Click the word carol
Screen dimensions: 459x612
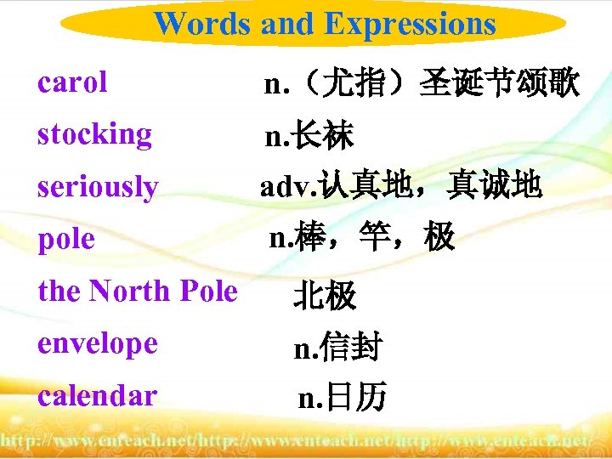click(72, 82)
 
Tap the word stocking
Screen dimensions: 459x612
click(94, 134)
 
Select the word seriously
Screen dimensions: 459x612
click(98, 186)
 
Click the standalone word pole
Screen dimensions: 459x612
click(65, 239)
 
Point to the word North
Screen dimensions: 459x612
click(129, 291)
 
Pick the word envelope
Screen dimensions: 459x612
click(98, 343)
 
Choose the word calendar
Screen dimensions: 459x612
click(97, 395)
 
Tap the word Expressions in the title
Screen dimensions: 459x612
click(411, 24)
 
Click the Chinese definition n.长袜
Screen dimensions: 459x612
click(309, 135)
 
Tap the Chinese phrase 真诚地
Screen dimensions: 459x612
click(495, 186)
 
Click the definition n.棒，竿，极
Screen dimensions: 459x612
click(362, 239)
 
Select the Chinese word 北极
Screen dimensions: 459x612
click(325, 296)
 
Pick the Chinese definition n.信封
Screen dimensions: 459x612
click(337, 347)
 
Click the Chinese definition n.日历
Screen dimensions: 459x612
click(342, 396)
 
